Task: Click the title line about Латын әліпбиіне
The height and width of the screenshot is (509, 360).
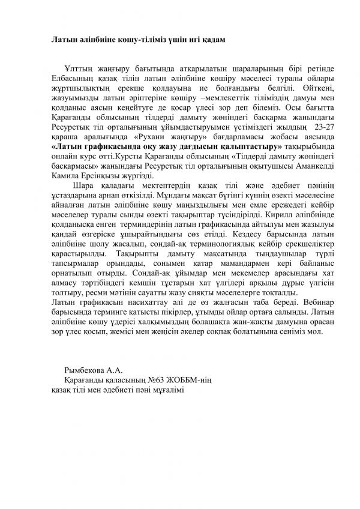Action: point(137,39)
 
